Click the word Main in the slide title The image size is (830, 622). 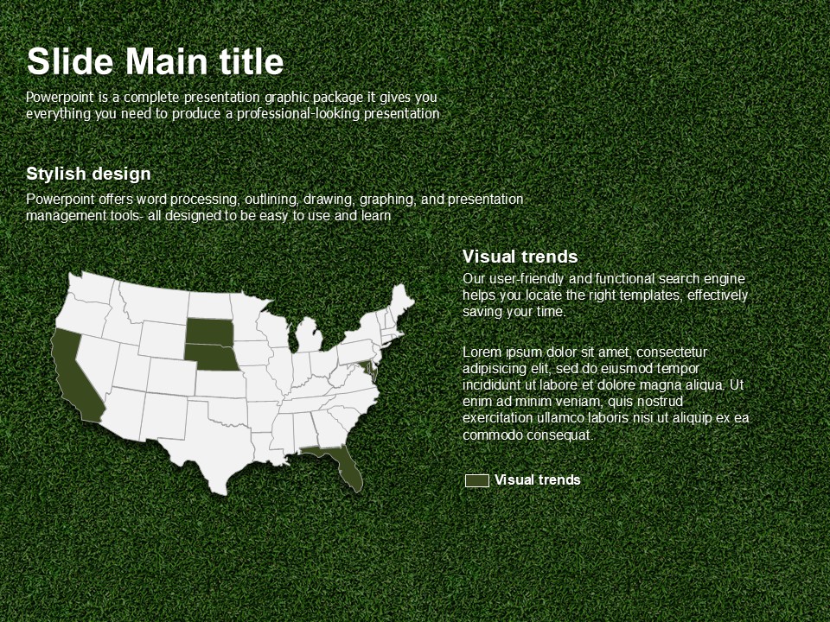coord(166,61)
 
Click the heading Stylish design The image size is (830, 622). coord(88,174)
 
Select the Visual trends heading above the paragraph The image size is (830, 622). coord(520,257)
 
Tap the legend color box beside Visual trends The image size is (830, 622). coord(477,480)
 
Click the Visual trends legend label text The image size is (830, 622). coord(537,479)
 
